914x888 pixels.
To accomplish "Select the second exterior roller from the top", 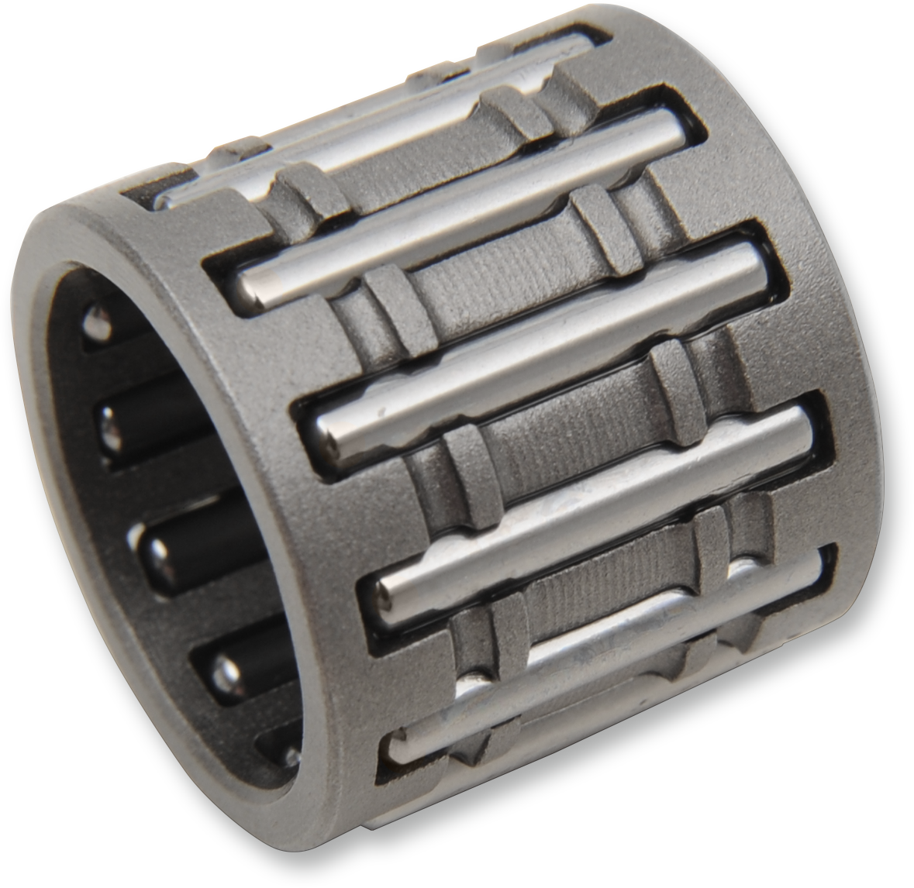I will point(465,201).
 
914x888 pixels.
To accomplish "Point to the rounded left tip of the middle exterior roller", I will point(329,434).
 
